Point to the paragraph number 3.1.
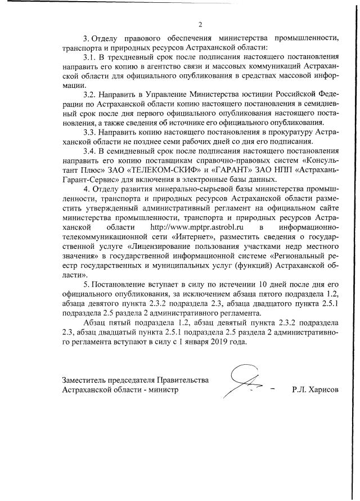[x=91, y=57]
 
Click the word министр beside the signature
[x=163, y=389]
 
